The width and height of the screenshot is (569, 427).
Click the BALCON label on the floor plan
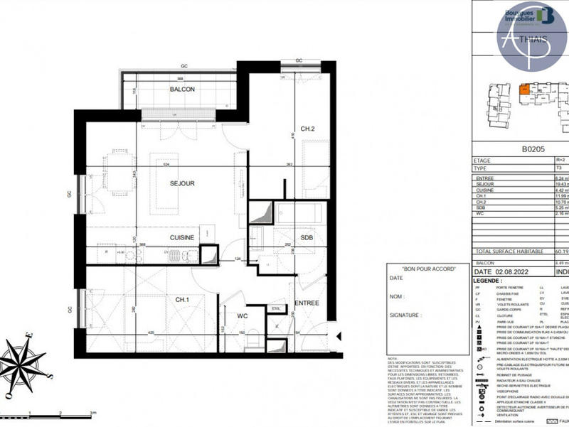[x=182, y=90]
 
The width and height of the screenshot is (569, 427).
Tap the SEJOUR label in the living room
[x=182, y=183]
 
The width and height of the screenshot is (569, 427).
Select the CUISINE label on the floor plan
[x=182, y=237]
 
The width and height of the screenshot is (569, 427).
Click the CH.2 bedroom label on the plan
[x=307, y=129]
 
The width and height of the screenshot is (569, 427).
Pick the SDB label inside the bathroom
[x=307, y=237]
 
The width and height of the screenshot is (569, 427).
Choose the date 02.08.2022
[x=514, y=271]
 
